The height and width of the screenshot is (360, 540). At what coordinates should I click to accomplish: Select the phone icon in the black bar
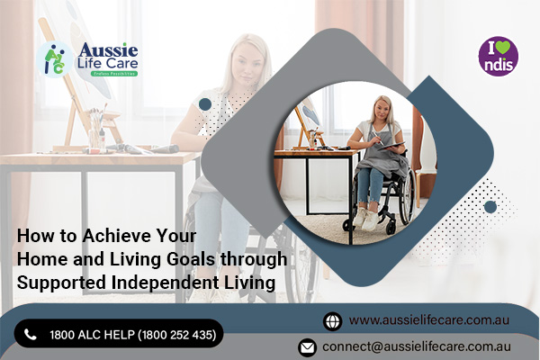31,335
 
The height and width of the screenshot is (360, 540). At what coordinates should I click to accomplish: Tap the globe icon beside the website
332,320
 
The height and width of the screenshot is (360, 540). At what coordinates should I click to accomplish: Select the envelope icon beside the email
307,346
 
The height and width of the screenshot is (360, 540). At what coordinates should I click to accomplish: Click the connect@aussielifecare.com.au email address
418,346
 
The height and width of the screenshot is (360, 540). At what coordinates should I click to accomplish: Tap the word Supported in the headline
58,283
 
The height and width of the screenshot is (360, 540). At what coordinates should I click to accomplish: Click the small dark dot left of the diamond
205,104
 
